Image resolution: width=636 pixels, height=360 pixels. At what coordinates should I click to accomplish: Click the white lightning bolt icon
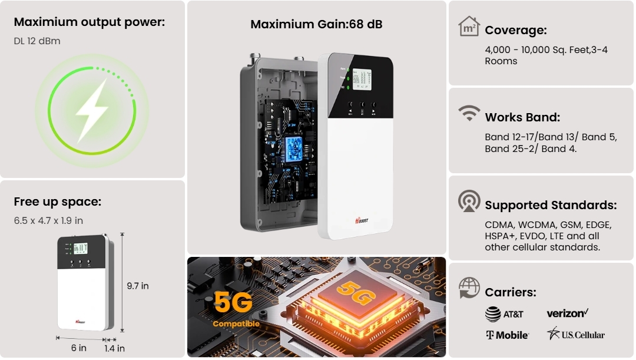coord(92,110)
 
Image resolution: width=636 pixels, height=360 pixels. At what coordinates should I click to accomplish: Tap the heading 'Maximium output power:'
coord(90,22)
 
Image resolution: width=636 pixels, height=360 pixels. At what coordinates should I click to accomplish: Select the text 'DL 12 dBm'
coord(37,41)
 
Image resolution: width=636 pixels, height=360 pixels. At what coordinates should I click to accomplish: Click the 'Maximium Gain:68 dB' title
coord(316,24)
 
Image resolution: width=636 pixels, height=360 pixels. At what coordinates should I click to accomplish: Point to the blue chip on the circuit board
coord(294,149)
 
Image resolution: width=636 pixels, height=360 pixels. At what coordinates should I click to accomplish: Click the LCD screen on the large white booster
coord(362,79)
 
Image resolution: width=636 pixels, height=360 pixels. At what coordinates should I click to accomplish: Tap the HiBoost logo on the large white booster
coord(362,220)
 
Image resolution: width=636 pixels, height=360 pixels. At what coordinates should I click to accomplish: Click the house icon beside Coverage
coord(469,27)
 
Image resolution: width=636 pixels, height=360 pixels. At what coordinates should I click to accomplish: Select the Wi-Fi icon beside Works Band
coord(469,113)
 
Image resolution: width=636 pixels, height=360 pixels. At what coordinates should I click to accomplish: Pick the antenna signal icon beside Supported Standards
coord(469,201)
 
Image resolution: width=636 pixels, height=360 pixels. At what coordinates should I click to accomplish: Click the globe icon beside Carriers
coord(469,288)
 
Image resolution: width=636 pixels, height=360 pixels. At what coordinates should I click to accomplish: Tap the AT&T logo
coord(504,314)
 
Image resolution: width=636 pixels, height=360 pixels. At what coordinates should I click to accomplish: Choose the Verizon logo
coord(568,313)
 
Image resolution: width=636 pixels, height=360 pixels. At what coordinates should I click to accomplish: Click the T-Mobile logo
coord(507,335)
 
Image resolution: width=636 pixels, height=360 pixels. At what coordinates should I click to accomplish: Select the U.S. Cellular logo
coord(575,334)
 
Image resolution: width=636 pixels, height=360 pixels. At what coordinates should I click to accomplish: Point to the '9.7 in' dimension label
coord(137,286)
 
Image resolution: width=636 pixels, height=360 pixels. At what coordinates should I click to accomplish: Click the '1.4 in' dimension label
coord(114,349)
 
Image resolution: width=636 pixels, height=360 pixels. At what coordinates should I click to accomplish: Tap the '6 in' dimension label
coord(79,348)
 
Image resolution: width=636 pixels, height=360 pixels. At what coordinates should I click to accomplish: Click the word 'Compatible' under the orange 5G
coord(236,324)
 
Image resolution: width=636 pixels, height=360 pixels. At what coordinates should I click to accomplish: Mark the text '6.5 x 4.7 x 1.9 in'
coord(48,221)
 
